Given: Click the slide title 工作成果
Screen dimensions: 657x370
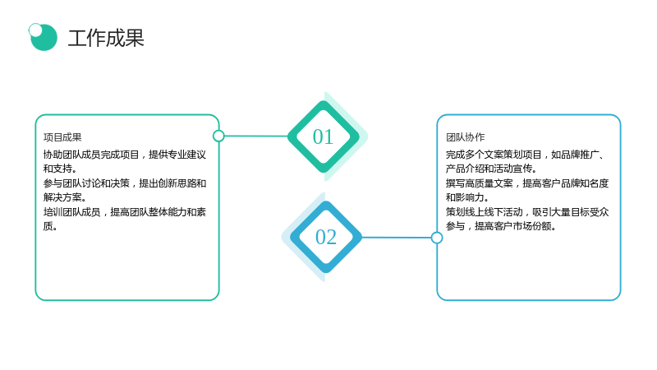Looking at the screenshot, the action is tap(106, 38).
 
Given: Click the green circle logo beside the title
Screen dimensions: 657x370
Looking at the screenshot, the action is tap(44, 38).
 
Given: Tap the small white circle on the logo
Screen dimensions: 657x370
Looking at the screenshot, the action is tap(35, 30).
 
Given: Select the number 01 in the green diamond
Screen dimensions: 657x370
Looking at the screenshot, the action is tap(323, 136).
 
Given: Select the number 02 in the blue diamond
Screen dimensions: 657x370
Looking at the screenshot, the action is tap(326, 237).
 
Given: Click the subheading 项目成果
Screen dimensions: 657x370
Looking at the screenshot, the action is tap(62, 137).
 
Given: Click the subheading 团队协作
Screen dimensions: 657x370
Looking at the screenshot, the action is tap(465, 137).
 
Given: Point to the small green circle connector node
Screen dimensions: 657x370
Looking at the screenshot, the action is tap(218, 136).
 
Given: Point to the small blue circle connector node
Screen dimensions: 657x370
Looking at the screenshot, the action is tap(437, 238).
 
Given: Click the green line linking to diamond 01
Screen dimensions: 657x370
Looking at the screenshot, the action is tap(256, 136).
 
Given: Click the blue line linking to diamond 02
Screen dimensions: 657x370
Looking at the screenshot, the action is tap(396, 238).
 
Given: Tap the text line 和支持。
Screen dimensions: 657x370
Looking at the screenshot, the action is tap(60, 169).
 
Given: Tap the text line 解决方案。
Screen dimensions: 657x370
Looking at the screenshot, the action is tap(65, 197).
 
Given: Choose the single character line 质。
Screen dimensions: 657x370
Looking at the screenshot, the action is tap(50, 226).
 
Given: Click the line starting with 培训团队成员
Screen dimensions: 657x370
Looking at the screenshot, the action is tap(125, 212).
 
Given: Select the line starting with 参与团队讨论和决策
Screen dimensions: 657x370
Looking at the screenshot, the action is tap(125, 183).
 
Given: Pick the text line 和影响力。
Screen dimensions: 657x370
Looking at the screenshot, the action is tap(467, 197).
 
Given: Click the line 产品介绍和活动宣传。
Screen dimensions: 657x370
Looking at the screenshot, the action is tap(491, 169).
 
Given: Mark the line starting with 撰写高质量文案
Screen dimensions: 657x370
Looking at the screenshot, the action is tap(527, 183).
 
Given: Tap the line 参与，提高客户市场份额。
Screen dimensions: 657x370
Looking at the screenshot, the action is tap(501, 226).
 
